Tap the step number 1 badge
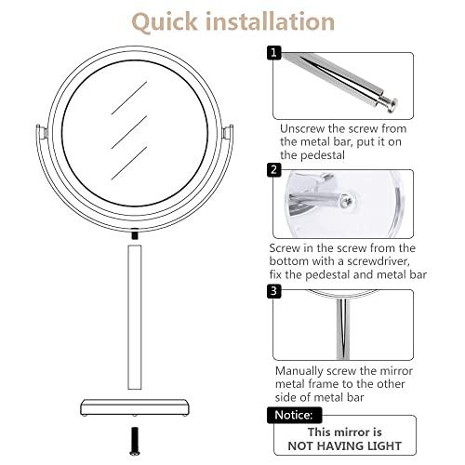(x=273, y=53)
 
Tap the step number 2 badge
(x=273, y=169)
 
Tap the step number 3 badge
(x=273, y=291)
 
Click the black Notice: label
(x=295, y=416)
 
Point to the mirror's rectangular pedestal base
(x=136, y=406)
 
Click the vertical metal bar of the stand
(x=136, y=316)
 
